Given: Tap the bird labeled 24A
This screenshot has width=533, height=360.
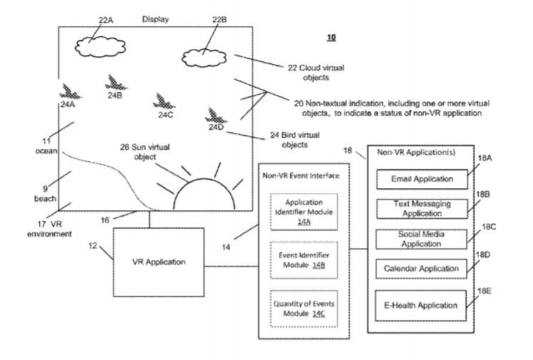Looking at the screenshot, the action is [71, 92].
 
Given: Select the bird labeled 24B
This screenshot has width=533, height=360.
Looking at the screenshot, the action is [116, 83].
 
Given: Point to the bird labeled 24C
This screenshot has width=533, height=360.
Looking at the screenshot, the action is [163, 101].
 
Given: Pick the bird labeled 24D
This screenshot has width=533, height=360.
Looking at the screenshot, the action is [215, 115].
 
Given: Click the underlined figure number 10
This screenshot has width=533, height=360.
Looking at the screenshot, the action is [331, 37].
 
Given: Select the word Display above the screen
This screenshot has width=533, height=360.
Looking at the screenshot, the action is [156, 19].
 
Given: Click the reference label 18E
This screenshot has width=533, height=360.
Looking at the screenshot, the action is [484, 291].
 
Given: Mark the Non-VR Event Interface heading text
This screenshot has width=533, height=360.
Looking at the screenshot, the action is [301, 175].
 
